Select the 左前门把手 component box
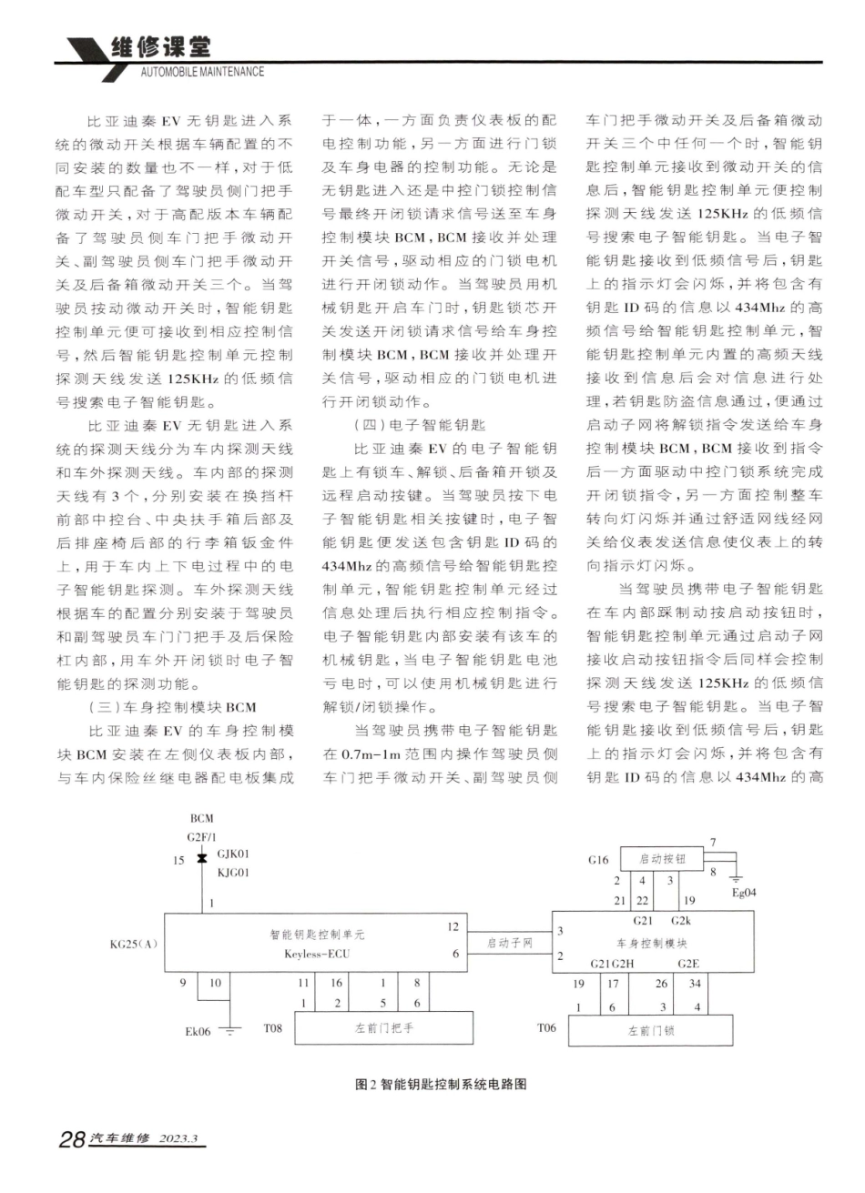click(384, 1028)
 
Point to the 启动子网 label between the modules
click(508, 943)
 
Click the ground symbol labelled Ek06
click(232, 1030)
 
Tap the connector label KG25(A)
click(134, 944)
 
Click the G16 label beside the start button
click(598, 860)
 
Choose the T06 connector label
click(546, 1028)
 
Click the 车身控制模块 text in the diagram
click(652, 944)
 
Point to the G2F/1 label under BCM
click(202, 835)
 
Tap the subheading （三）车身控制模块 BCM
click(172, 707)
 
